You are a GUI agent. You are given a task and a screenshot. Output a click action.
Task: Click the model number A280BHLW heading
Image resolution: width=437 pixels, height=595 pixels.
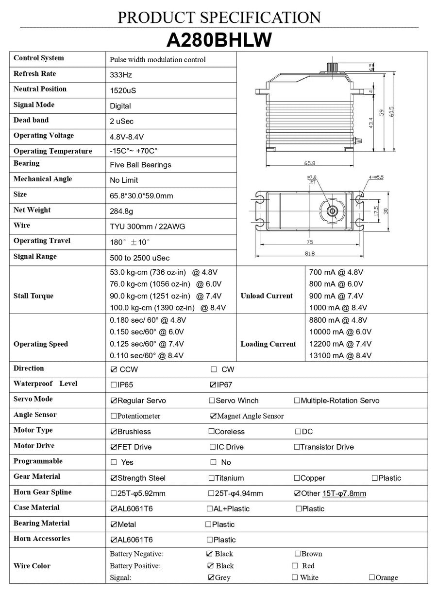point(218,40)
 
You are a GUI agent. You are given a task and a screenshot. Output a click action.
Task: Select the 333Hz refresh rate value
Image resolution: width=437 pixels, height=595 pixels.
point(121,75)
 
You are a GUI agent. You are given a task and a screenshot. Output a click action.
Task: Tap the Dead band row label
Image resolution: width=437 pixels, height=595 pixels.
point(31,120)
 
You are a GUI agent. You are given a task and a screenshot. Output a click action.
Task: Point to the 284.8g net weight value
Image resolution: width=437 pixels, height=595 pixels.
point(121,211)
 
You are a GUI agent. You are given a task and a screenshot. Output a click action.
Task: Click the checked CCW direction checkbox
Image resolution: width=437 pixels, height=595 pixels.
point(114,369)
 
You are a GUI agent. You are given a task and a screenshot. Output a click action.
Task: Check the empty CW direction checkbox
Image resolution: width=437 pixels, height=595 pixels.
point(214,369)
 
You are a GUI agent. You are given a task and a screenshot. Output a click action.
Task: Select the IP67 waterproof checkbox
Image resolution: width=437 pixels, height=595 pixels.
point(213,385)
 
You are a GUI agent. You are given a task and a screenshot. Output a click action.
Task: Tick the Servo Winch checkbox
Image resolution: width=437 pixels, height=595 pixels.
point(212,401)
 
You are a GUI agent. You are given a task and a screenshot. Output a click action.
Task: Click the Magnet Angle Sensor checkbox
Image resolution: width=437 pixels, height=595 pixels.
point(213,416)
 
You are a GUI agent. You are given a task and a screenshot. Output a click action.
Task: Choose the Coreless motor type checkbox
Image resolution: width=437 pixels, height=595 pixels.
point(211,431)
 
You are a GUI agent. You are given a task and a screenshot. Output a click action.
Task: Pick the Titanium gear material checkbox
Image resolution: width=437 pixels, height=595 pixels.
point(211,478)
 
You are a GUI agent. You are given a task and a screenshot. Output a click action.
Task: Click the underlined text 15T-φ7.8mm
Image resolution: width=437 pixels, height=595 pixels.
point(344,493)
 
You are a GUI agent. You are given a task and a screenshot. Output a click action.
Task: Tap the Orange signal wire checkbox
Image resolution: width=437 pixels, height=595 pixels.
point(371,577)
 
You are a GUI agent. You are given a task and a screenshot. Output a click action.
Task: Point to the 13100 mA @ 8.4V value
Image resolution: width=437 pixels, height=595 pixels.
point(340,355)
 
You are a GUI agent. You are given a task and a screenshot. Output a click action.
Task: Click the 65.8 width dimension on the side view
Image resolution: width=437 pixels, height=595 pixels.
point(309,163)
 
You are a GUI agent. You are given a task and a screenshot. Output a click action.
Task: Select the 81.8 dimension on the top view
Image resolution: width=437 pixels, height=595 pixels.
point(309,253)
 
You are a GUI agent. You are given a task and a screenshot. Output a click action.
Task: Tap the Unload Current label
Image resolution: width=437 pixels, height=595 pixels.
point(267,296)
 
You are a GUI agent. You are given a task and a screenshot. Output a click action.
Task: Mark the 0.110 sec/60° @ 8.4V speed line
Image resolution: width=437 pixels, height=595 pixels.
point(147,355)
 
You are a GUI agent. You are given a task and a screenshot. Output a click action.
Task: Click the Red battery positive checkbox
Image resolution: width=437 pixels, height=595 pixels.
point(295,566)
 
